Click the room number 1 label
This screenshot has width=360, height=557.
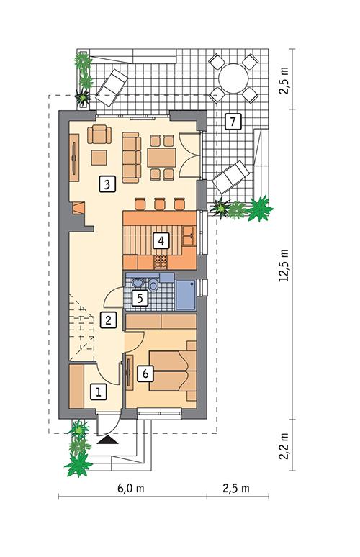(99, 392)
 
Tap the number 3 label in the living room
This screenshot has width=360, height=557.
(107, 184)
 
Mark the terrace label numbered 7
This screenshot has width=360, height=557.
(231, 121)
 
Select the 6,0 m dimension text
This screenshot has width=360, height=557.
(133, 489)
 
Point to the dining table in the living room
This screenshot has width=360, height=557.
(161, 157)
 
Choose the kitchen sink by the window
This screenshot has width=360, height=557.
(188, 234)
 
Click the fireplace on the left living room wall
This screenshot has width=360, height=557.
(78, 209)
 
